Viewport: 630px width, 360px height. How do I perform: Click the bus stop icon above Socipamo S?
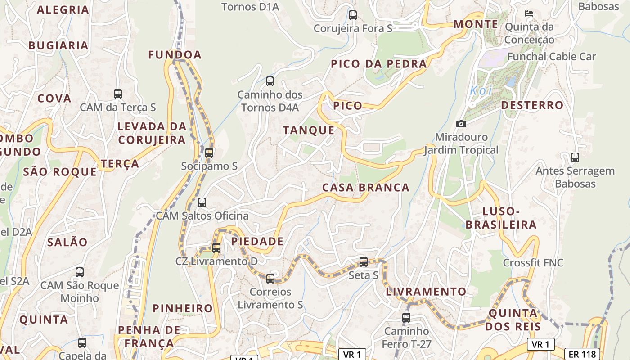209,153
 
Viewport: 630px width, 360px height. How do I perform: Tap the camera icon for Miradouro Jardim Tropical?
461,124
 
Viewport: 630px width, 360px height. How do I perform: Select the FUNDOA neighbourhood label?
175,55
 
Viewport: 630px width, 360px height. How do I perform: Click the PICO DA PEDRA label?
379,64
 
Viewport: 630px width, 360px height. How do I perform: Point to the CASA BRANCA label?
366,188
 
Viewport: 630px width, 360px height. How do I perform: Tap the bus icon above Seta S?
364,261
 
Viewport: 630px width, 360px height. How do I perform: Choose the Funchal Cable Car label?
551,57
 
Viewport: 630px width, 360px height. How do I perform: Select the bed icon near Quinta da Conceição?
529,13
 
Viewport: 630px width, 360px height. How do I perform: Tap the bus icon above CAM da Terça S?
118,94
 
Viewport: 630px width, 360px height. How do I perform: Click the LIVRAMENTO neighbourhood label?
426,292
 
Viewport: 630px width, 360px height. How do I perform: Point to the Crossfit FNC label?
533,263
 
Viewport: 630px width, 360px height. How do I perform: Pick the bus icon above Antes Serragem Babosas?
575,157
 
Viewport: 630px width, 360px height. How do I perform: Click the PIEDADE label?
257,242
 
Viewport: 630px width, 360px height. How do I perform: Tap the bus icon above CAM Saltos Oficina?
202,202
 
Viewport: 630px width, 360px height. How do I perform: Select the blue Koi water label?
481,90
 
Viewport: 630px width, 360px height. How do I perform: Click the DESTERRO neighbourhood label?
532,105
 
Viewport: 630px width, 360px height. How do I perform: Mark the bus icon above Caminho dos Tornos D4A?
270,81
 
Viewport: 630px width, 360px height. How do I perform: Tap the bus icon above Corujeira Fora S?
353,15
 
